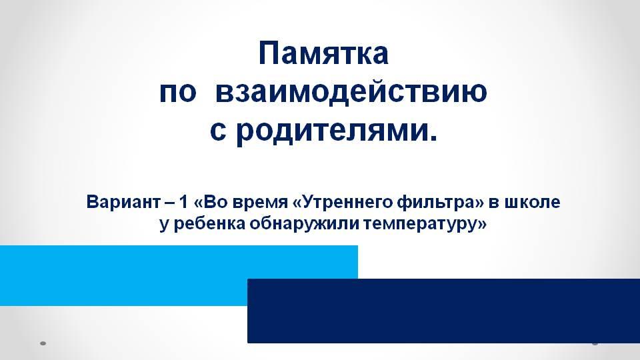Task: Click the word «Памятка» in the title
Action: pos(323,53)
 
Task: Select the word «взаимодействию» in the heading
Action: pos(351,91)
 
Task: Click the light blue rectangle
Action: pos(179,275)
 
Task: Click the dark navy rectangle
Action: pos(444,311)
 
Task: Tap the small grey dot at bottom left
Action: pos(43,344)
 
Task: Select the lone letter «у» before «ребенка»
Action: pos(164,225)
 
